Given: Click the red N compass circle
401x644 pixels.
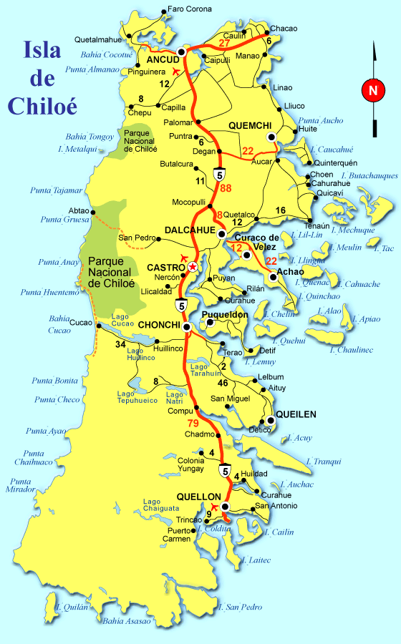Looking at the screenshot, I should point(372,90).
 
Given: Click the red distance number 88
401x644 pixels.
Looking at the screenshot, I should point(226,188).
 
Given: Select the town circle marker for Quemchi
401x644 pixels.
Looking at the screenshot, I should point(271,136).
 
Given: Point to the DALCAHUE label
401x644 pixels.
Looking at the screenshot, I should point(185,229).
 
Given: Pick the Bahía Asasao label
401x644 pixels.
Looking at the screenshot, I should point(127,620).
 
